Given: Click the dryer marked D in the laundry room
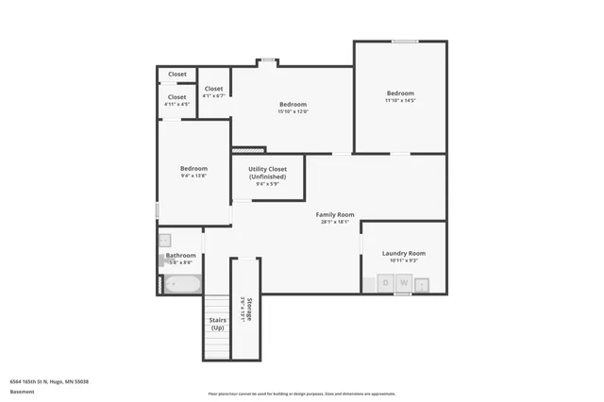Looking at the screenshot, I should (x=386, y=282).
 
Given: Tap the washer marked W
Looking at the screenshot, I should (x=403, y=282).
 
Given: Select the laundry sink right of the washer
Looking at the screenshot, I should (x=422, y=283).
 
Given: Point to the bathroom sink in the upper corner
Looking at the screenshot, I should (x=164, y=240).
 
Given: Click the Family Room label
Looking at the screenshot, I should (x=335, y=215).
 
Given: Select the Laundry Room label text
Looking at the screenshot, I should (x=403, y=253).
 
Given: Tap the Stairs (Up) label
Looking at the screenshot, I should (x=217, y=324).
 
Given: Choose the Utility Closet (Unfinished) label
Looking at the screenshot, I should (x=267, y=174).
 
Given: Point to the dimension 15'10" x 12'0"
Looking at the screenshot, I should (x=293, y=111).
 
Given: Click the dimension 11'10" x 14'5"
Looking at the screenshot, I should (x=400, y=100).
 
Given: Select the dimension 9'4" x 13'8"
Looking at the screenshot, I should (x=193, y=176).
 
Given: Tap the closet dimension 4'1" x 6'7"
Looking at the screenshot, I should (x=213, y=95).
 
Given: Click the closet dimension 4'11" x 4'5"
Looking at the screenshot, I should (x=176, y=104).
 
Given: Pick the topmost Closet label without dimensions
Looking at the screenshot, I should (x=177, y=74).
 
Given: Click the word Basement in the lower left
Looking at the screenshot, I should (x=22, y=391).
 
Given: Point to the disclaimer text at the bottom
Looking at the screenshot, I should (x=302, y=394).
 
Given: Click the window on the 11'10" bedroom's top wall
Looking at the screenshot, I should (x=405, y=41).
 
